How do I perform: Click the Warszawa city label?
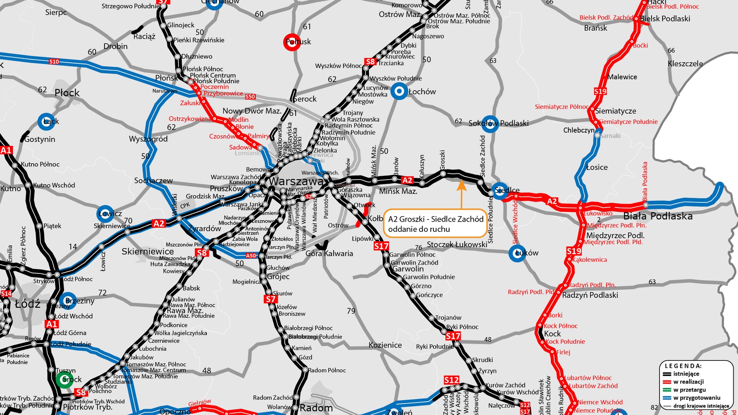(x=296, y=182)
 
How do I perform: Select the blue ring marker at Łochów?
(x=399, y=91)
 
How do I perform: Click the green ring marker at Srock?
(x=64, y=379)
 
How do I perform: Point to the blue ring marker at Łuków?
(x=517, y=253)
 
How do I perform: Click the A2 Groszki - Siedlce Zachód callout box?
(x=435, y=224)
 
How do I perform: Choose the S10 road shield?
(x=54, y=62)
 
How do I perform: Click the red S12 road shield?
(x=451, y=380)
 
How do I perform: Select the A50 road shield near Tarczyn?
(x=251, y=256)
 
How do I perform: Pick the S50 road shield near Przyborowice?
(x=250, y=96)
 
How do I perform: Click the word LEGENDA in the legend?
(x=683, y=366)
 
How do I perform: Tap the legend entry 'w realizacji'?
(x=689, y=382)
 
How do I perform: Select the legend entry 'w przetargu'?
(x=689, y=390)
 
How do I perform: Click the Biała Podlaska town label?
(x=658, y=216)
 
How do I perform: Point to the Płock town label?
(x=67, y=93)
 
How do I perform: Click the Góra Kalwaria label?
(x=329, y=253)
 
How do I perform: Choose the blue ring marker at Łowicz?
(x=105, y=214)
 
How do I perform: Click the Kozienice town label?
(x=385, y=345)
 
